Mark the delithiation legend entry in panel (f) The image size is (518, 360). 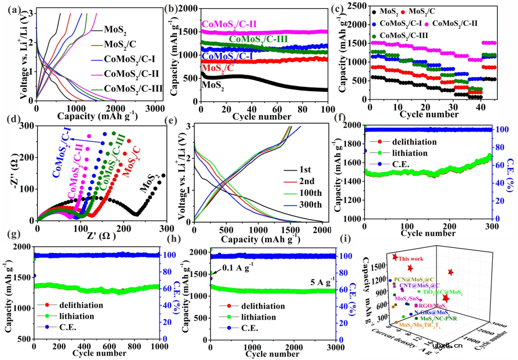[x=411, y=142]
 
